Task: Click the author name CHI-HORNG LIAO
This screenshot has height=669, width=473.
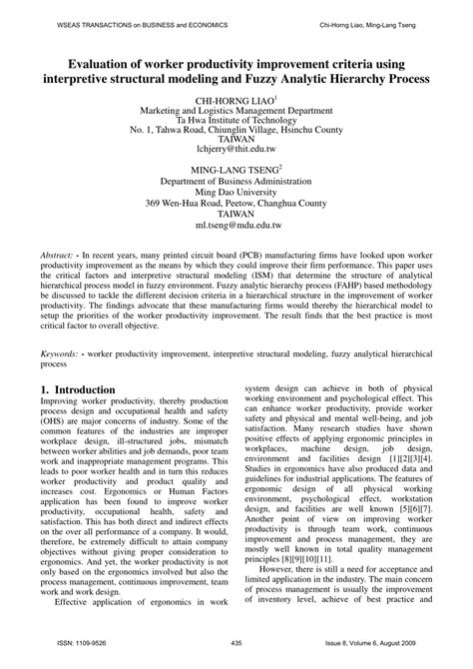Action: point(234,101)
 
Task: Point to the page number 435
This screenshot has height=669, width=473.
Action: point(236,643)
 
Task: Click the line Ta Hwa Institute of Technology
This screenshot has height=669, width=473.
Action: point(236,128)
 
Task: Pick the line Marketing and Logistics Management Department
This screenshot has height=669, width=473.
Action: point(236,115)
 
